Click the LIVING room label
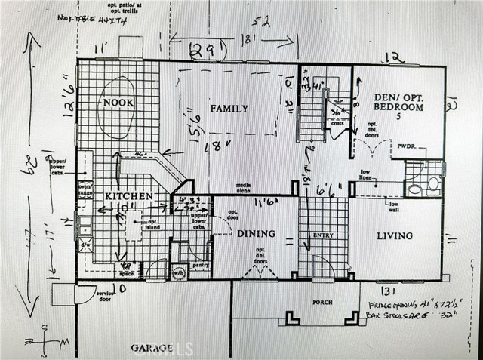(395, 236)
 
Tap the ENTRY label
(322, 236)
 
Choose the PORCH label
(322, 303)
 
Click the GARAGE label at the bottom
(152, 348)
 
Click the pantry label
(200, 266)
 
